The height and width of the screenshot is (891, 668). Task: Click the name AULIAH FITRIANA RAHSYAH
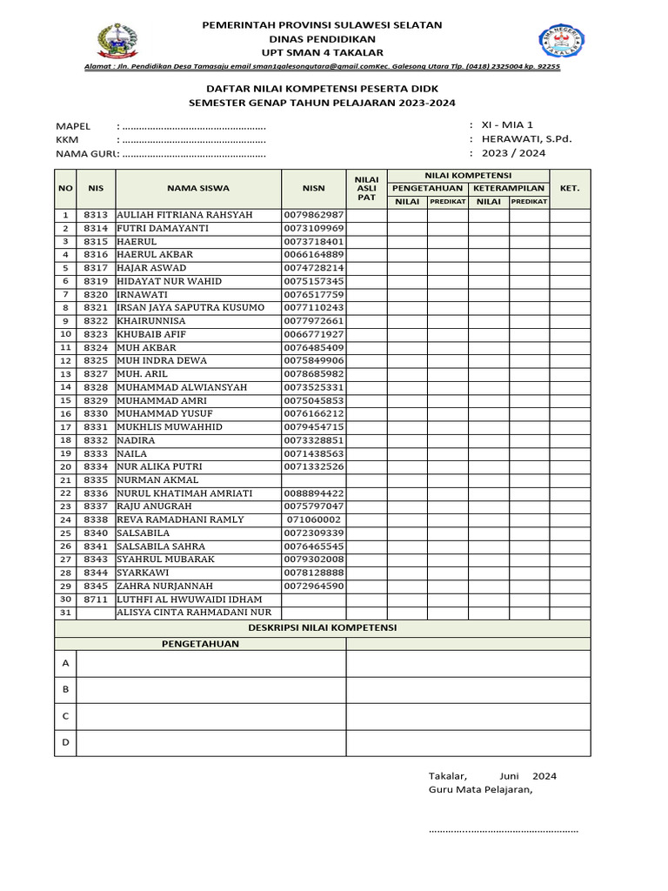point(184,215)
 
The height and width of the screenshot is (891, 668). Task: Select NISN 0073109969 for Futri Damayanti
point(313,228)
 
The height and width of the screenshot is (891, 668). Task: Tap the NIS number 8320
point(96,294)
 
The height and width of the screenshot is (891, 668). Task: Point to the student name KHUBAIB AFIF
point(151,334)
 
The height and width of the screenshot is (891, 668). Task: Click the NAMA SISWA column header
point(198,188)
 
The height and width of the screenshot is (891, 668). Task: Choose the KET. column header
point(570,188)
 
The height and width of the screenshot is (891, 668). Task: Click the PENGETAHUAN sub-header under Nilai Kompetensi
point(427,188)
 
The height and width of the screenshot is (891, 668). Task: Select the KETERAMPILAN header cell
point(509,188)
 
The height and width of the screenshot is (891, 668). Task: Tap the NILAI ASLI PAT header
point(366,188)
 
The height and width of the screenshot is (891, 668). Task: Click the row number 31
point(65,613)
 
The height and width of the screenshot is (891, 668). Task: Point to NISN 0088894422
point(313,493)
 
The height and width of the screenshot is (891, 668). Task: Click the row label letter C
point(65,715)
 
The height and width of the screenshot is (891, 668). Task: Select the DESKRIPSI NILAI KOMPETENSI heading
point(323,626)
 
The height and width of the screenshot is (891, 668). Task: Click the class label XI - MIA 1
point(515,125)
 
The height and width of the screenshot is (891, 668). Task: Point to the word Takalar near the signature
point(448,776)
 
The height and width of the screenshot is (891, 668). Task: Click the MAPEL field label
point(73,126)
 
